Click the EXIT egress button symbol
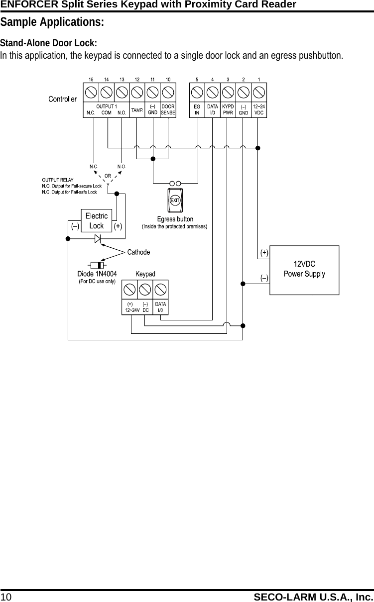click(175, 200)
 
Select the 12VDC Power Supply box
click(304, 270)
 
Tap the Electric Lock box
click(96, 220)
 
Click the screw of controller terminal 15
click(91, 93)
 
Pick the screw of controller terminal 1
click(259, 93)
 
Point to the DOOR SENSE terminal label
click(168, 109)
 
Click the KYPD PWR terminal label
click(228, 109)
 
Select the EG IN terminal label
click(197, 109)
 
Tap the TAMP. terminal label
click(137, 110)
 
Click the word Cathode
click(138, 252)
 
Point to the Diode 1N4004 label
click(97, 274)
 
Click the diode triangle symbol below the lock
click(98, 239)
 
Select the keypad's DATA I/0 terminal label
click(160, 307)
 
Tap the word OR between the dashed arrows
click(108, 176)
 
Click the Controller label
click(62, 99)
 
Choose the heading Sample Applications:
click(52, 22)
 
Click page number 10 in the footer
click(6, 597)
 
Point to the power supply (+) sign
click(264, 253)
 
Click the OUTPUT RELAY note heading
click(58, 180)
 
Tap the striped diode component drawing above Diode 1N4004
click(97, 266)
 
